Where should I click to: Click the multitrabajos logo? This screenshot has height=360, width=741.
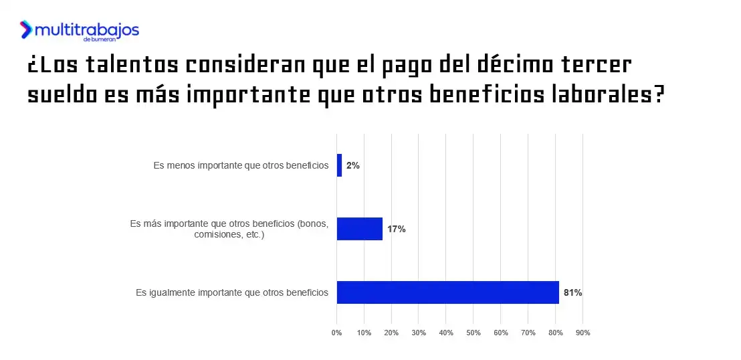tap(80, 31)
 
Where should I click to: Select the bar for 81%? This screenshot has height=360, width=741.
tap(447, 292)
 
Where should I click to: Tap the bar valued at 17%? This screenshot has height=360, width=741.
tap(360, 229)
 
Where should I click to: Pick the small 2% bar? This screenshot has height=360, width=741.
tap(339, 165)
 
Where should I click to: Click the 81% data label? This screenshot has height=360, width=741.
tap(572, 292)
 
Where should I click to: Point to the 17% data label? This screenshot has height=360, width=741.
tap(396, 229)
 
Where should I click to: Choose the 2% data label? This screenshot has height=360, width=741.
tap(353, 165)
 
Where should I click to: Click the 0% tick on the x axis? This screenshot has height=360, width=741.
tap(337, 333)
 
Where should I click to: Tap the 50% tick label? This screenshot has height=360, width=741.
tap(473, 333)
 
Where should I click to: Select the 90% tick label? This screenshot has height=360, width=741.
tap(583, 333)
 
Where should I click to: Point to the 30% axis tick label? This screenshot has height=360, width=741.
tap(419, 333)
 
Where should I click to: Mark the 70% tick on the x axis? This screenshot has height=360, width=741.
tap(528, 333)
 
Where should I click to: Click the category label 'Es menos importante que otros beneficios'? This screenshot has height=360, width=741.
tap(241, 165)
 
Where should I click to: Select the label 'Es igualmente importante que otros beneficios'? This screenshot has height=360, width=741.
tap(232, 292)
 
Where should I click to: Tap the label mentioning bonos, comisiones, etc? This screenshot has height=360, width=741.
tap(229, 229)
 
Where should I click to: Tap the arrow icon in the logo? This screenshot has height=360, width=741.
tap(26, 29)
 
